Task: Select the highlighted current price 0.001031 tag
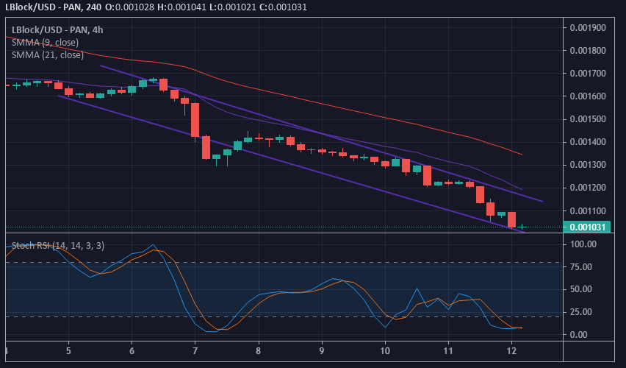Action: (588, 227)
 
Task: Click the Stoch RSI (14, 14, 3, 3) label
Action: (58, 245)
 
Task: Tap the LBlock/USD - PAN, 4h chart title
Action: (58, 30)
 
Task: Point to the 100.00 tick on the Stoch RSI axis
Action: (582, 244)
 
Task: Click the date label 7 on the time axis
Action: (195, 352)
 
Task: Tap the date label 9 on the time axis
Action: (322, 352)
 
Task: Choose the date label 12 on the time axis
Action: (511, 352)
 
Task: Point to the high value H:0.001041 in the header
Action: (173, 7)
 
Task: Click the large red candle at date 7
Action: (195, 119)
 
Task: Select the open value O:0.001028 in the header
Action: (120, 7)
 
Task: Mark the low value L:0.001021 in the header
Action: (226, 7)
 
